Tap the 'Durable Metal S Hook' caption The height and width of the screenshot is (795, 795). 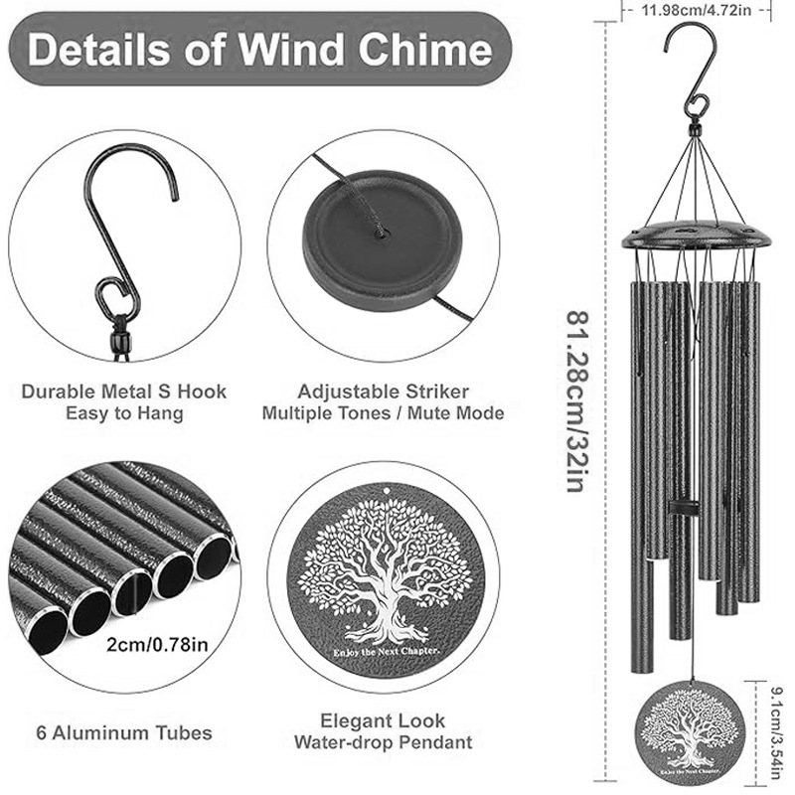[124, 392]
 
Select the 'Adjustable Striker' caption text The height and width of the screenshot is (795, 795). [383, 392]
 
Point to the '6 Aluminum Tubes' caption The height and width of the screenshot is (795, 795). [123, 733]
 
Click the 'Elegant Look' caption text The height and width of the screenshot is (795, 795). [383, 720]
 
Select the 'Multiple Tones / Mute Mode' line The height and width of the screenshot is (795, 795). [383, 413]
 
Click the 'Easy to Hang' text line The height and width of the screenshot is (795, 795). [124, 413]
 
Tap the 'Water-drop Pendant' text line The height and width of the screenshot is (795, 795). [383, 742]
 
